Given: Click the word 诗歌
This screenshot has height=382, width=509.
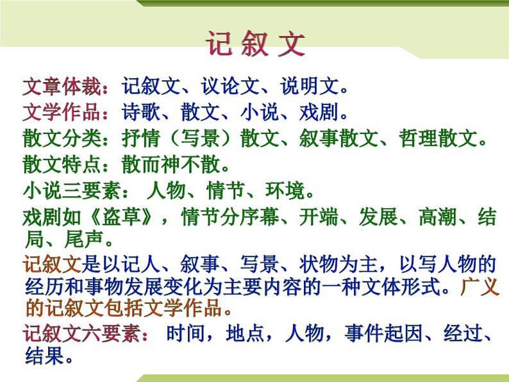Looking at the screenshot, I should [x=141, y=112].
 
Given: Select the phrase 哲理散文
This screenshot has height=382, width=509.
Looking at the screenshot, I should [x=449, y=138].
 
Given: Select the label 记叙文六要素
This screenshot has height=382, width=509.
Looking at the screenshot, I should [x=85, y=334].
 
